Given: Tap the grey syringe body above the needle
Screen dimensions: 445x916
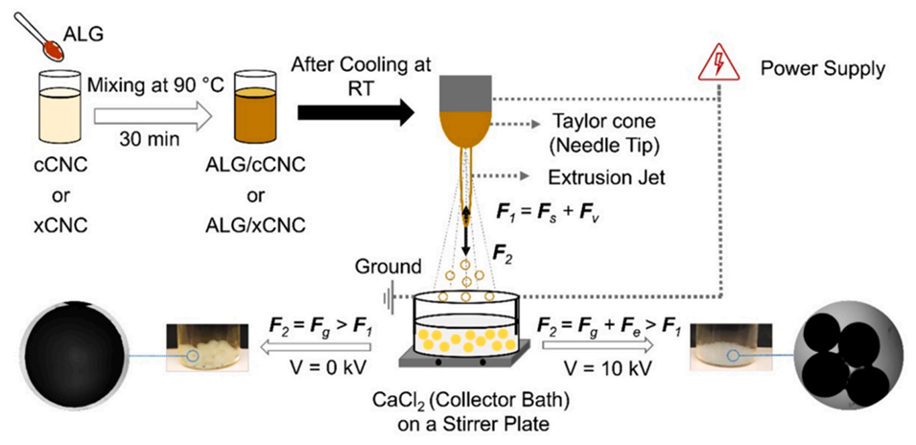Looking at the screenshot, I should pyautogui.click(x=463, y=90).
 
